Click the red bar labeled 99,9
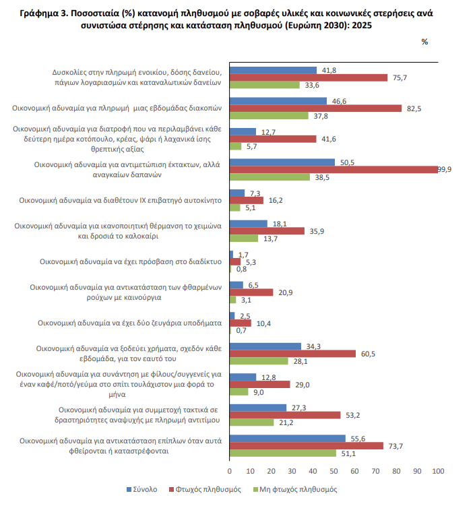tap(334, 170)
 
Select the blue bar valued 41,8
tap(273, 70)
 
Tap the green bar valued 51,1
tap(283, 453)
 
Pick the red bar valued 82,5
tap(315, 108)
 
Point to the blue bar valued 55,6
tap(288, 439)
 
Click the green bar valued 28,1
tap(259, 361)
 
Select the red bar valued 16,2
tap(247, 200)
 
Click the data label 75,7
tap(400, 77)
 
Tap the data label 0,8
tap(241, 269)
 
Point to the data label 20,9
tap(285, 293)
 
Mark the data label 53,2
tap(352, 416)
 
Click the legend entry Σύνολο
tap(142, 490)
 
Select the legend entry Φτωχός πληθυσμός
tap(205, 490)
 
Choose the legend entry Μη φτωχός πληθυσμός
tap(295, 490)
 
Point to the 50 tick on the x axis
tap(334, 472)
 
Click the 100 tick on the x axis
tap(438, 472)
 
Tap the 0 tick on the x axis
tap(230, 472)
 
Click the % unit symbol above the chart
tap(424, 42)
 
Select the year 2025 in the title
tap(362, 26)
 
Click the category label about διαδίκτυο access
tap(131, 262)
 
